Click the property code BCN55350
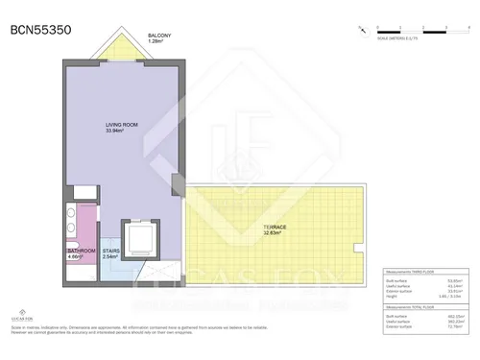coord(40,30)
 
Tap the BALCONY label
coord(159,36)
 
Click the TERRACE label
coord(276,228)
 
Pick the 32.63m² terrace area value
coord(275,233)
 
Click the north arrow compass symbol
coord(359,30)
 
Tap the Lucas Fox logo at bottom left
coord(18,312)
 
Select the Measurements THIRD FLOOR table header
coord(414,272)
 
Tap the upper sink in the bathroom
coord(71,217)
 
